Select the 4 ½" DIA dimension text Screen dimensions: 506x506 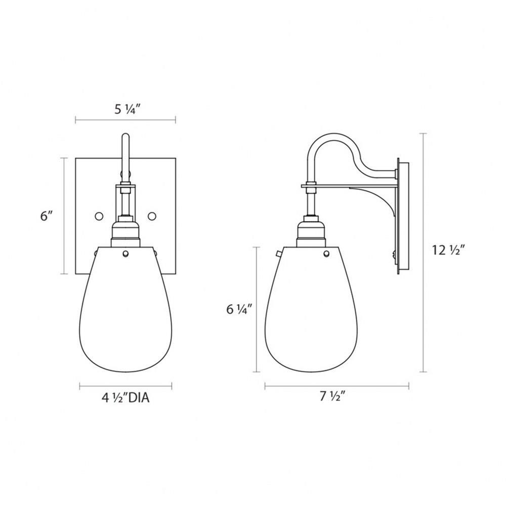[x=125, y=398]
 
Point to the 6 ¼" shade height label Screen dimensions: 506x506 [x=239, y=310]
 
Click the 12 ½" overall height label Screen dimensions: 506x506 [x=448, y=250]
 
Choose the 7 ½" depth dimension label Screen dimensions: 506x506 [x=333, y=396]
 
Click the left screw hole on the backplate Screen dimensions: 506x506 [x=99, y=216]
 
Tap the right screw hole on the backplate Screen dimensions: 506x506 [x=152, y=216]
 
